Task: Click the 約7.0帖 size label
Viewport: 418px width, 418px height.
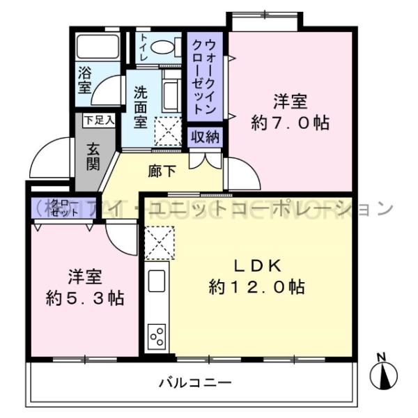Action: (x=290, y=124)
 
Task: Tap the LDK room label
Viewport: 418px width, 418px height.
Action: (x=256, y=265)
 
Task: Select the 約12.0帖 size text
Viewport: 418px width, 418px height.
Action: (x=256, y=286)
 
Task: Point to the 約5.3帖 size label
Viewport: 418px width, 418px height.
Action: (x=85, y=298)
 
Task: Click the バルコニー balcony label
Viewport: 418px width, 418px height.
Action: (x=194, y=382)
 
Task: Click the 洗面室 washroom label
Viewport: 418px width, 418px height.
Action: (x=141, y=106)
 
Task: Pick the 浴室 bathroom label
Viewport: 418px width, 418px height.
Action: (x=84, y=79)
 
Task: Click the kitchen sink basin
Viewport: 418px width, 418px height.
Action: (x=156, y=283)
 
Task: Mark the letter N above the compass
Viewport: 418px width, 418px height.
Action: (x=381, y=357)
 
